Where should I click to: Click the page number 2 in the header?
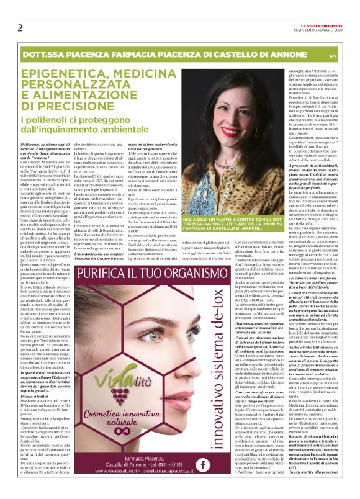click(x=20, y=27)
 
